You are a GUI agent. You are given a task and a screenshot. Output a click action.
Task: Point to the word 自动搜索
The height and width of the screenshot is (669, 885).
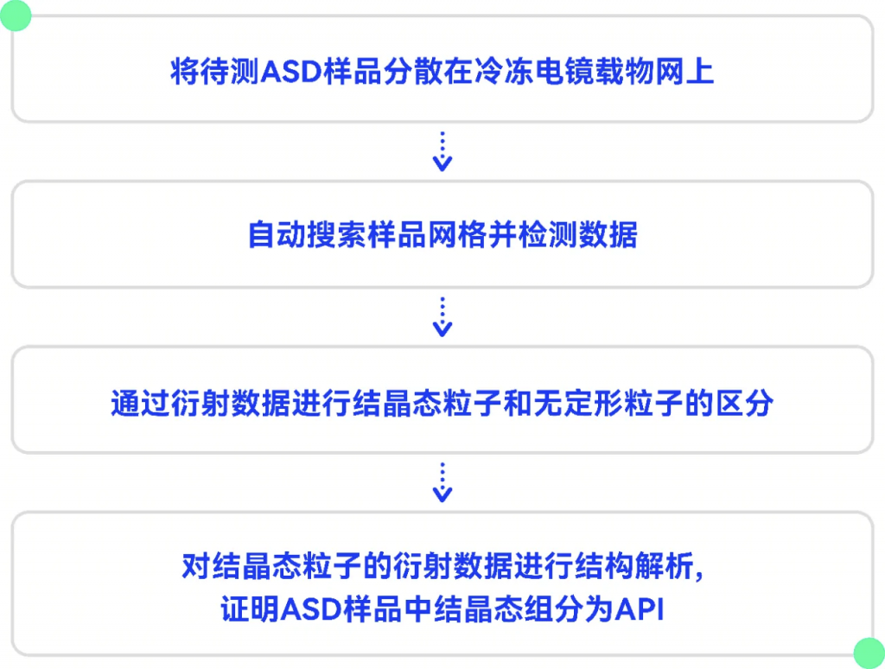pos(307,234)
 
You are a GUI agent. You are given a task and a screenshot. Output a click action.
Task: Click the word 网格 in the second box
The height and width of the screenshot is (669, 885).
pos(457,234)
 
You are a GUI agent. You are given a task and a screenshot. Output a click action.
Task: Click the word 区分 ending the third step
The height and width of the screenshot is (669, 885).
pos(744,403)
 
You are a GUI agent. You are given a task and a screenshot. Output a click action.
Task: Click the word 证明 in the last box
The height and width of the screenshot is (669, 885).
pos(250,609)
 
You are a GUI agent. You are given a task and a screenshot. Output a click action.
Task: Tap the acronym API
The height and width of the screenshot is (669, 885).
pos(640,609)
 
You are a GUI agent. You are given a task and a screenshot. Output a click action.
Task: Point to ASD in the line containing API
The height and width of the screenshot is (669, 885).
pos(310,609)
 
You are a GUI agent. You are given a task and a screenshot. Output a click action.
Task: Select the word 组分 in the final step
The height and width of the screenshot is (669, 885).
pos(554,609)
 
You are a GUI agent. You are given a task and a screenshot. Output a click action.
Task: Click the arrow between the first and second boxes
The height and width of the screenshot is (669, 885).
pos(442,151)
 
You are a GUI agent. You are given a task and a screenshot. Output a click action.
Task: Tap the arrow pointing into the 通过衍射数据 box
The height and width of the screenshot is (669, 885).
pos(442,316)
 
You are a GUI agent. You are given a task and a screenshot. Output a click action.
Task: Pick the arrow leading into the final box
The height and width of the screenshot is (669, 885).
pos(442,482)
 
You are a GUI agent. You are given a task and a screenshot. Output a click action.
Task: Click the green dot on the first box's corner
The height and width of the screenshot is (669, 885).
pos(16,16)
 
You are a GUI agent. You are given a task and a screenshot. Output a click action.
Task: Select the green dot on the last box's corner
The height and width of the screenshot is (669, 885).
pos(869,653)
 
